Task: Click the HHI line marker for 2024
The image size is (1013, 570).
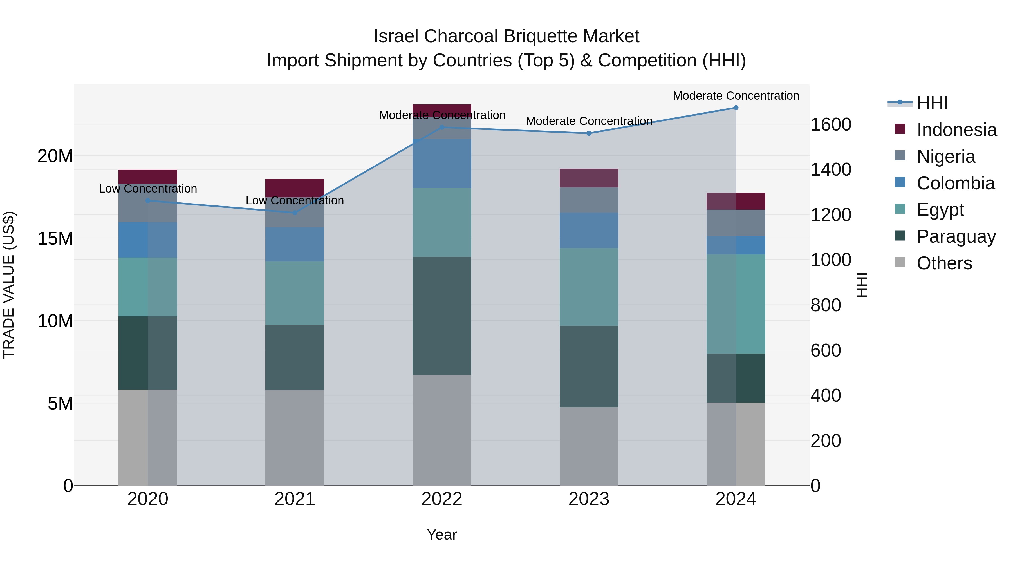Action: click(x=736, y=108)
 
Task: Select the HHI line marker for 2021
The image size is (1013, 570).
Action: click(x=295, y=213)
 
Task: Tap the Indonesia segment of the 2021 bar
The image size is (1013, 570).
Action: click(x=295, y=188)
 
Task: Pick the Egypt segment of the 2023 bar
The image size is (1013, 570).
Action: click(x=589, y=287)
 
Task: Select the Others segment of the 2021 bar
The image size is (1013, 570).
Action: click(x=295, y=437)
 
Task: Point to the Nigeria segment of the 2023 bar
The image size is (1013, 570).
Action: click(x=589, y=200)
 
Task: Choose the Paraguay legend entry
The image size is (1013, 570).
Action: click(x=956, y=236)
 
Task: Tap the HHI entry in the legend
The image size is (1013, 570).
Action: click(x=932, y=103)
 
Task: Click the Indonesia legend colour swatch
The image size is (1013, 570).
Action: click(x=900, y=129)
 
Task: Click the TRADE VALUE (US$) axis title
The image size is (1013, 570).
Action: click(x=9, y=285)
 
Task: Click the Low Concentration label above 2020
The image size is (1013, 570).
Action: click(x=148, y=189)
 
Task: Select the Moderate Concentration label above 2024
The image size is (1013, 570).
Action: click(x=736, y=96)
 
